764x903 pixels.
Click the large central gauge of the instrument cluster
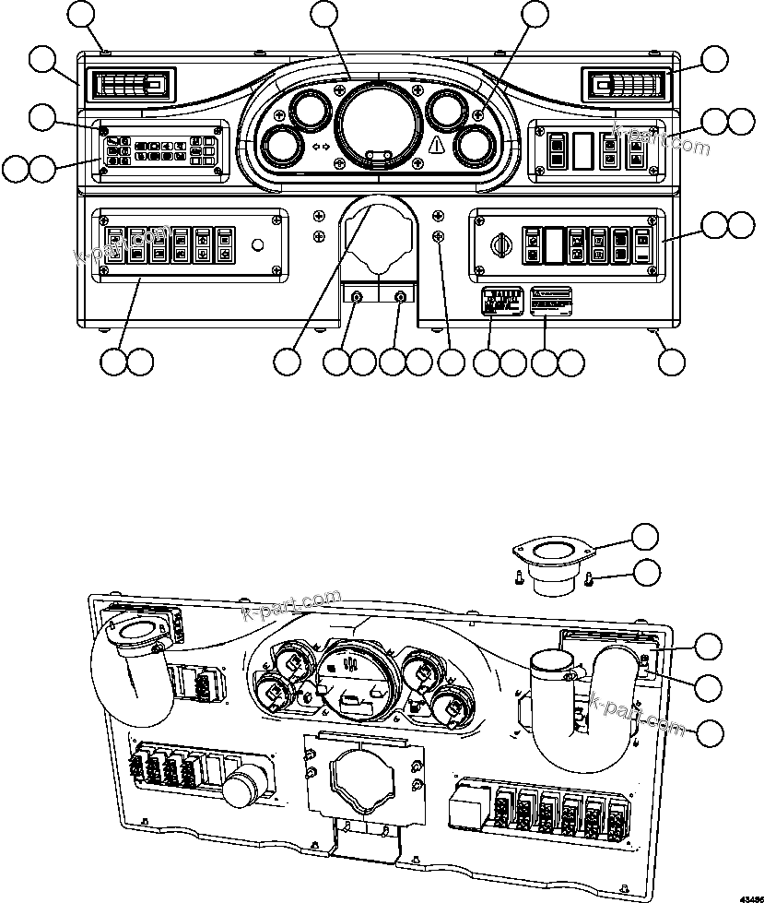coord(374,122)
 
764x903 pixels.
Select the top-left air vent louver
coord(128,88)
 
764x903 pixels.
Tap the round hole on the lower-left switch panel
coord(257,245)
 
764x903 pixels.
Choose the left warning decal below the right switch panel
coord(503,302)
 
